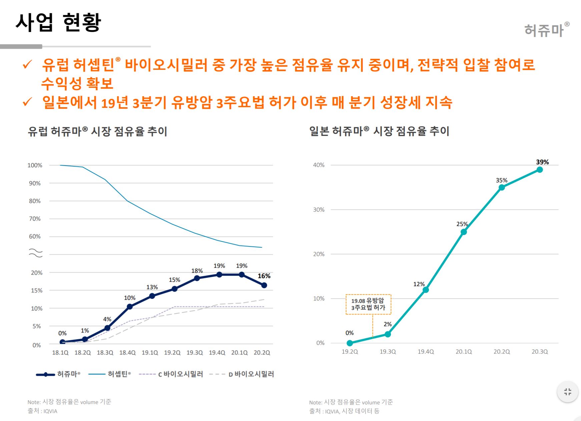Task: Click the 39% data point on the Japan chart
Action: [540, 170]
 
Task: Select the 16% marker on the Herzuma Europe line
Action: [264, 285]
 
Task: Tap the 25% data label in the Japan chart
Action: [462, 224]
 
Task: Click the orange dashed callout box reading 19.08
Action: [368, 304]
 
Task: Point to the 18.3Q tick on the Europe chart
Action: [105, 353]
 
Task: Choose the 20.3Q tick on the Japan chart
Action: [540, 352]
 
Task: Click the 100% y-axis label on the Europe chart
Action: [35, 165]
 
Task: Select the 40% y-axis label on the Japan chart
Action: [319, 165]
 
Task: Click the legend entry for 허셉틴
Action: [110, 374]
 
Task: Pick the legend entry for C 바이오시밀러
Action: [171, 374]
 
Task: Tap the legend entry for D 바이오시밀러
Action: [242, 374]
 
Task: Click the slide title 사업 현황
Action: [58, 23]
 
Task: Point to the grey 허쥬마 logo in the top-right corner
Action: [546, 30]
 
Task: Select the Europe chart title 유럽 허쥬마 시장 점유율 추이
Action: [97, 131]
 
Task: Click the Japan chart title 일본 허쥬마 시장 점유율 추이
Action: [379, 131]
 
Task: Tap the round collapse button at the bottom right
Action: [567, 392]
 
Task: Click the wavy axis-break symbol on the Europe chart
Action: [36, 253]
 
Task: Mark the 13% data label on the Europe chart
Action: [152, 287]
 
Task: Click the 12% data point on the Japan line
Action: [426, 290]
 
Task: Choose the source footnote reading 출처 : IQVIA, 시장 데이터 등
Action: [344, 411]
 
